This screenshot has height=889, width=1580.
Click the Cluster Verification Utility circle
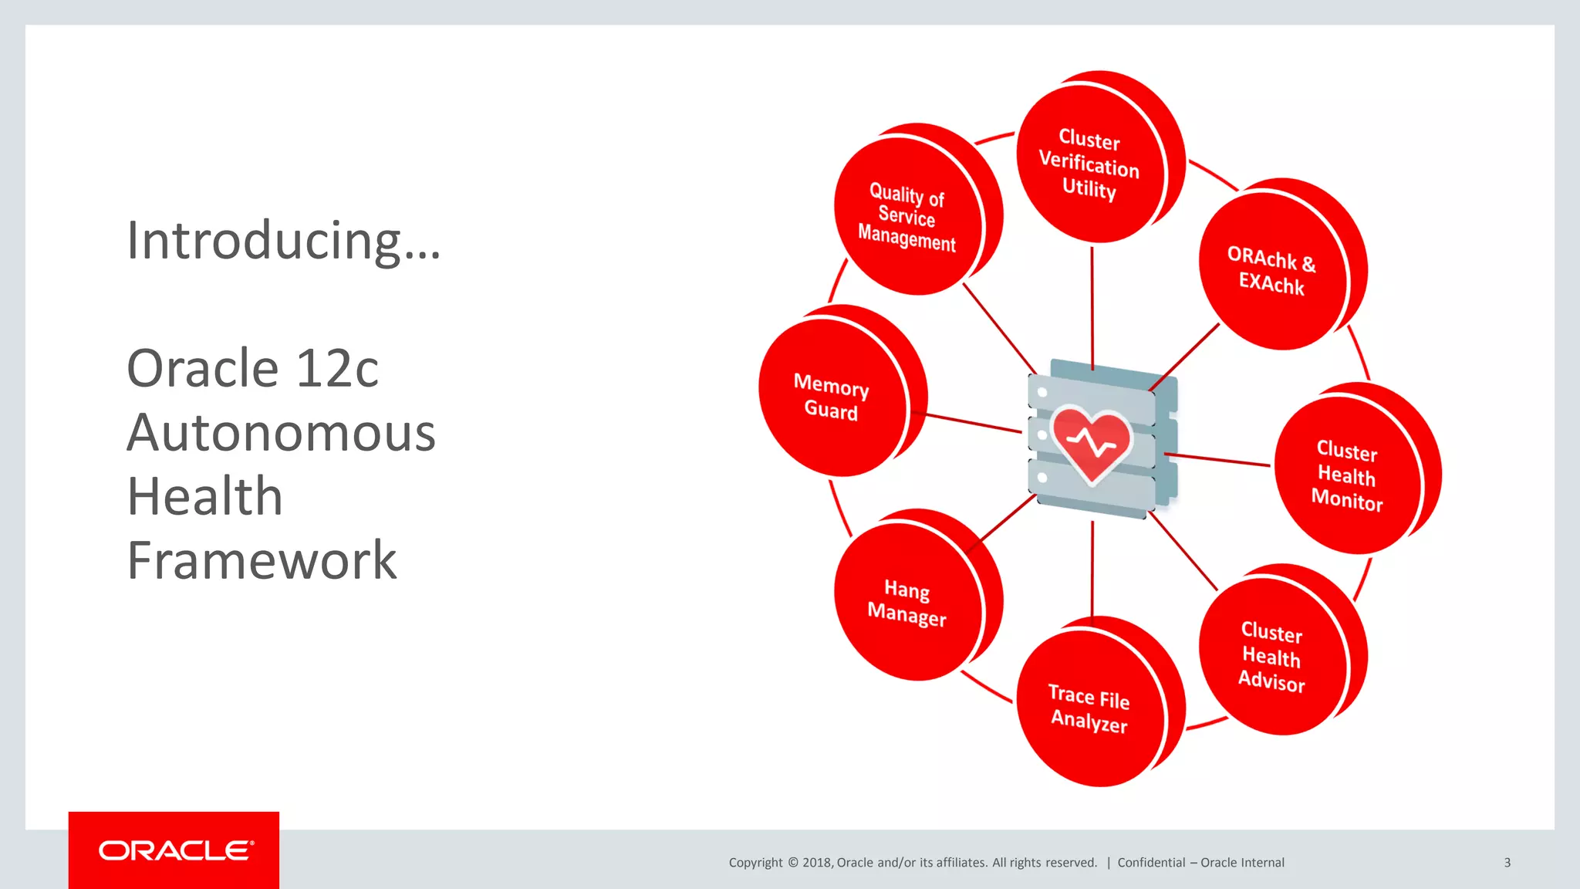1089,164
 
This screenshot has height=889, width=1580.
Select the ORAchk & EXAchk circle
1271,271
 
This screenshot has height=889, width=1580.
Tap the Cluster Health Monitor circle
1346,475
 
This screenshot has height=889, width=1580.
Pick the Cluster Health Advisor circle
1271,657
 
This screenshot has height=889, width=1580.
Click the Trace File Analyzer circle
1089,708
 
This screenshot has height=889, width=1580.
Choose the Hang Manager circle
907,603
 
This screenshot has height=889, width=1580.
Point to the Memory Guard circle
832,397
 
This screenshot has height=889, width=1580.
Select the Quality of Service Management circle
907,217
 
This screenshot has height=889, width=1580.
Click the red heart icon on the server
1091,442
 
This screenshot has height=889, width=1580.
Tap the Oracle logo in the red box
175,850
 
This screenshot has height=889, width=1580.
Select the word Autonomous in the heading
281,433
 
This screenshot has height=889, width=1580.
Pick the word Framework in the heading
262,561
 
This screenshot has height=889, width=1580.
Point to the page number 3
1507,863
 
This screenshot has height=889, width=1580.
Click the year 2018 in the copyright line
816,863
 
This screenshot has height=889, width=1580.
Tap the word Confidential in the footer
1151,863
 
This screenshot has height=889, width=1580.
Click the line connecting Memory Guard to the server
974,423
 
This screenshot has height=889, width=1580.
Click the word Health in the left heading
205,497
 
